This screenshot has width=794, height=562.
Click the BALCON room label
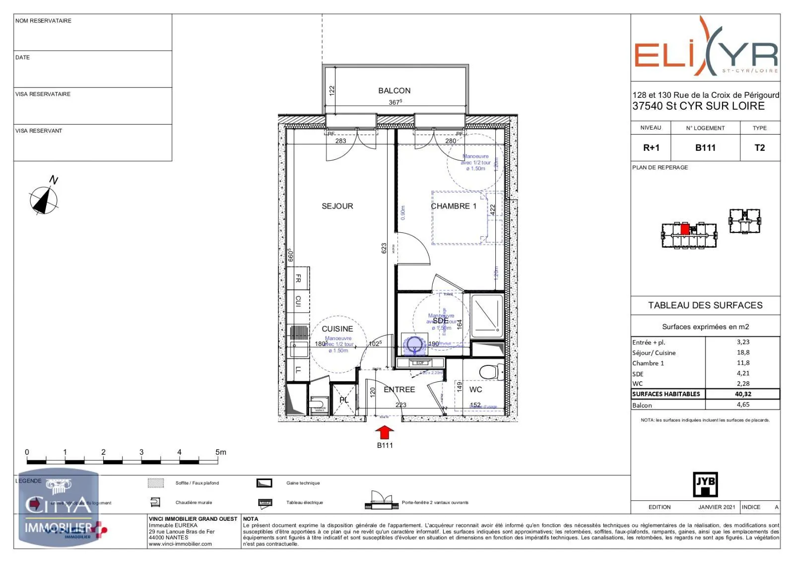click(394, 90)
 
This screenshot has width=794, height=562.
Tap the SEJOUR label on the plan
click(337, 206)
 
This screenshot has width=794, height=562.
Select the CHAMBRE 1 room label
click(453, 206)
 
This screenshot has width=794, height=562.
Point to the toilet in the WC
click(490, 371)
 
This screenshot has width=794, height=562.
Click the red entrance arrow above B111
click(385, 432)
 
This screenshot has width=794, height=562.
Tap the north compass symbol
click(44, 200)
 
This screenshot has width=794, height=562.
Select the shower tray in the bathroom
click(487, 315)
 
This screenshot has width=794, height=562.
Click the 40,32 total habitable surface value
click(743, 394)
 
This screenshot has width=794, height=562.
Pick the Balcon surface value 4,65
click(743, 405)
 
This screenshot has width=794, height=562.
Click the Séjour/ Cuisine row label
click(654, 353)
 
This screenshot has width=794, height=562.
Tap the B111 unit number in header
click(705, 147)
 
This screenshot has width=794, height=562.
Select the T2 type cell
click(759, 147)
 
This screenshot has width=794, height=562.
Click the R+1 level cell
click(651, 147)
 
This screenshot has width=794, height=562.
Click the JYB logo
click(705, 484)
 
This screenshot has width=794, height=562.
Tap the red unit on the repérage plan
click(685, 229)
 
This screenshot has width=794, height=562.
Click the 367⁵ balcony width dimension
click(395, 102)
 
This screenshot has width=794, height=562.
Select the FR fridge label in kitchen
click(298, 279)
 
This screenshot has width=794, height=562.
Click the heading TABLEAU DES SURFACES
click(705, 305)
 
